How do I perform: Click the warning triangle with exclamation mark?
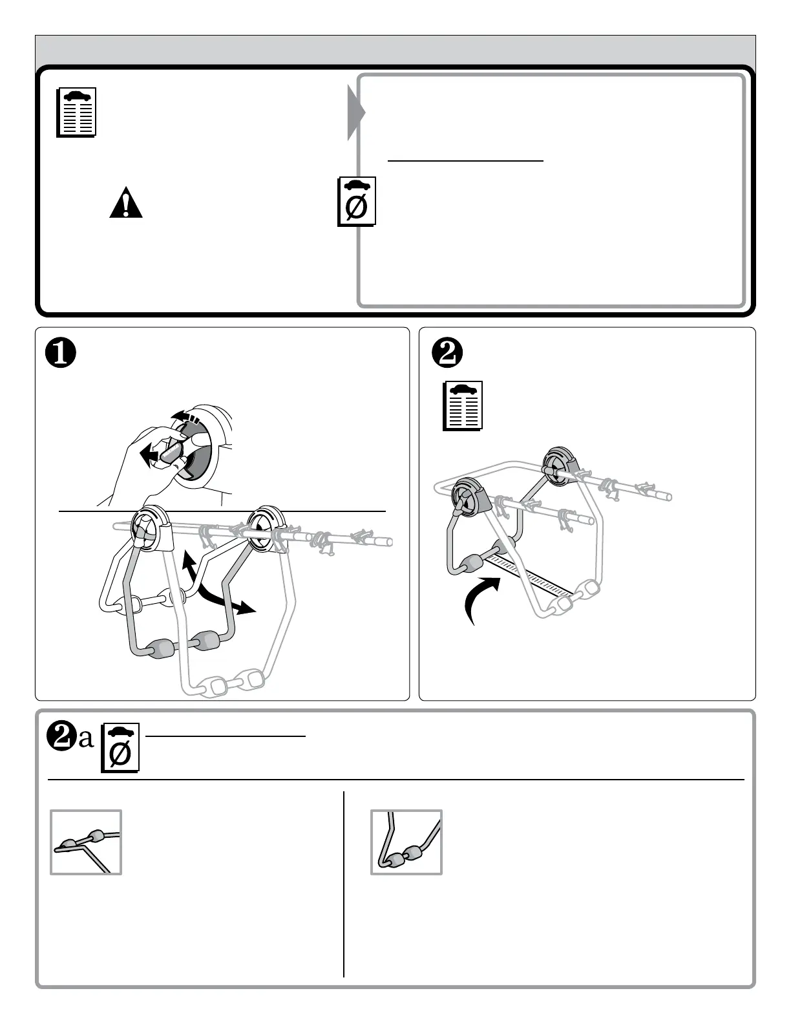click(125, 204)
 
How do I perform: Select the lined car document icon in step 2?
click(463, 406)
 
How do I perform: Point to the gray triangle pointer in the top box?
click(355, 112)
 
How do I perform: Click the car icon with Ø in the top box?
click(357, 202)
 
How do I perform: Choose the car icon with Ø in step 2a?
click(120, 748)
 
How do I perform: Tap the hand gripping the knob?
click(145, 462)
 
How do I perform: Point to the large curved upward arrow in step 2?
click(481, 599)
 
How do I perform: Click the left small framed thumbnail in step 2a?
click(86, 842)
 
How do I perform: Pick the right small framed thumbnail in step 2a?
click(406, 842)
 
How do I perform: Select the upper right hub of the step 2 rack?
click(559, 464)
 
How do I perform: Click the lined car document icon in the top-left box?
click(76, 112)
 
